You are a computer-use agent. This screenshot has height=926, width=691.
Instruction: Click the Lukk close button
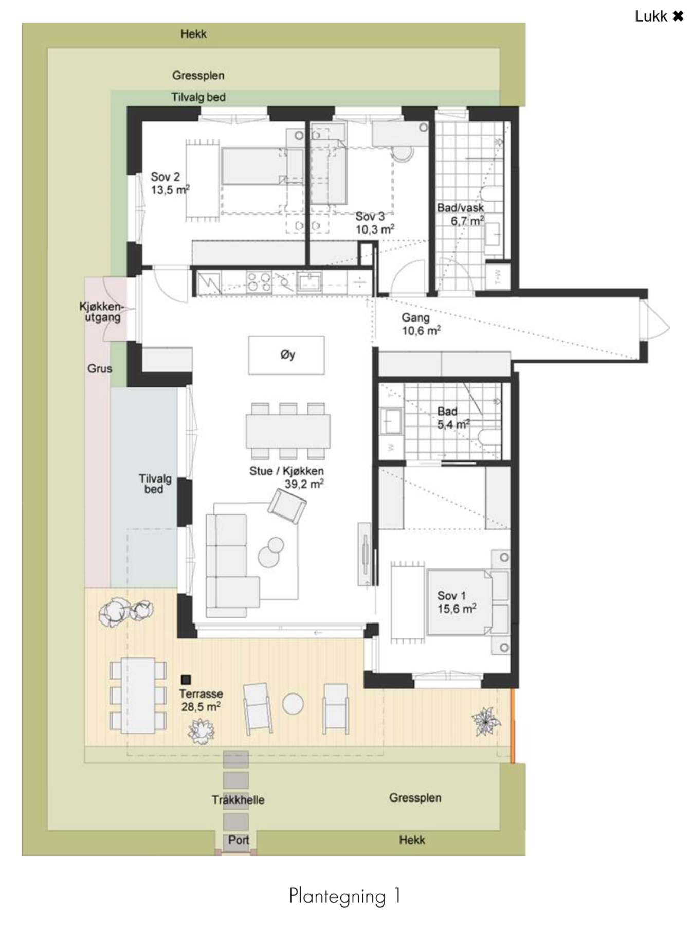point(659,16)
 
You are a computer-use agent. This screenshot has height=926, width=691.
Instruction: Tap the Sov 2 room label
point(165,177)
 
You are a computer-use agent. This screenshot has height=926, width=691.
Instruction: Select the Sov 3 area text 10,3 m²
point(375,229)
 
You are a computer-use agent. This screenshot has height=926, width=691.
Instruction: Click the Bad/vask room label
point(460,208)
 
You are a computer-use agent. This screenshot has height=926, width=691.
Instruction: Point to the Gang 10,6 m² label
point(420,325)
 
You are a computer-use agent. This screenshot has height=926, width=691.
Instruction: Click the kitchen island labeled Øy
point(286,355)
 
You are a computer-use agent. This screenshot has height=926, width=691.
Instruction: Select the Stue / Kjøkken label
point(286,471)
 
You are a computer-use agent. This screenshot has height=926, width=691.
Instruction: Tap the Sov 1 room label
point(451,596)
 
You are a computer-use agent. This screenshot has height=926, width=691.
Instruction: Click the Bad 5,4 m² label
point(452,418)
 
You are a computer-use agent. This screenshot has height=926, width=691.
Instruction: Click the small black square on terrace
point(186,680)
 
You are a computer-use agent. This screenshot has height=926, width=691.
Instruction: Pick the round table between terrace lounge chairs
point(293,704)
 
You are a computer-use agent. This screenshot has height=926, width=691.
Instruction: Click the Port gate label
point(239,840)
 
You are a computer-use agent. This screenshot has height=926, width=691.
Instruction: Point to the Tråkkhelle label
point(238,800)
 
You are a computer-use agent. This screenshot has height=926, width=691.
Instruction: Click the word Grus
point(99,369)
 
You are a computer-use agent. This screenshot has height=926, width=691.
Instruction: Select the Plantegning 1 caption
point(344,896)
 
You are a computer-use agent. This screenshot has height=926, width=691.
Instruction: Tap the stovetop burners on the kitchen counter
point(259,282)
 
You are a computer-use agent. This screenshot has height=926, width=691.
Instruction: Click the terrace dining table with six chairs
point(138,696)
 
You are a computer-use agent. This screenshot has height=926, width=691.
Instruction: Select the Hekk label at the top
point(193,34)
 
